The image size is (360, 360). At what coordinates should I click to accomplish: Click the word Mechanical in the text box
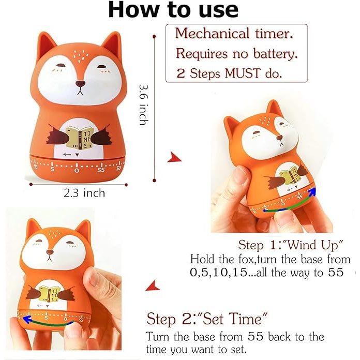click(212, 34)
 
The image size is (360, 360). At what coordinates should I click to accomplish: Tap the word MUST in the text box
click(243, 73)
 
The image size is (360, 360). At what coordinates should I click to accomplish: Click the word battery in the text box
click(275, 53)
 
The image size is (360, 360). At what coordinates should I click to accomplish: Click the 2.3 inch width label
click(84, 193)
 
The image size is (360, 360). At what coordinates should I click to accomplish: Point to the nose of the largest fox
click(80, 84)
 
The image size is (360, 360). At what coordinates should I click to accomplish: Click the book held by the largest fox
click(79, 138)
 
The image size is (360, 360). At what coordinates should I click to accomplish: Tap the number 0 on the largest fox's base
click(77, 170)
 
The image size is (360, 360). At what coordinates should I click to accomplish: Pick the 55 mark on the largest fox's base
click(101, 170)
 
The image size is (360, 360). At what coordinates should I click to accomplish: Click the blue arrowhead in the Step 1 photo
click(312, 192)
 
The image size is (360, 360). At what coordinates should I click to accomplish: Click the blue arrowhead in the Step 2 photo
click(27, 320)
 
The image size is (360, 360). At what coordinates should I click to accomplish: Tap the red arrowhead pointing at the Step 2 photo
click(153, 286)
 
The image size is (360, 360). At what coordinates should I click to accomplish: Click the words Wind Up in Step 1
click(313, 245)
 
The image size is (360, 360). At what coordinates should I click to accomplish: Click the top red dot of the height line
click(154, 36)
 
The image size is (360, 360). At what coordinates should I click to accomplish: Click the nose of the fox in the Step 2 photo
click(50, 252)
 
